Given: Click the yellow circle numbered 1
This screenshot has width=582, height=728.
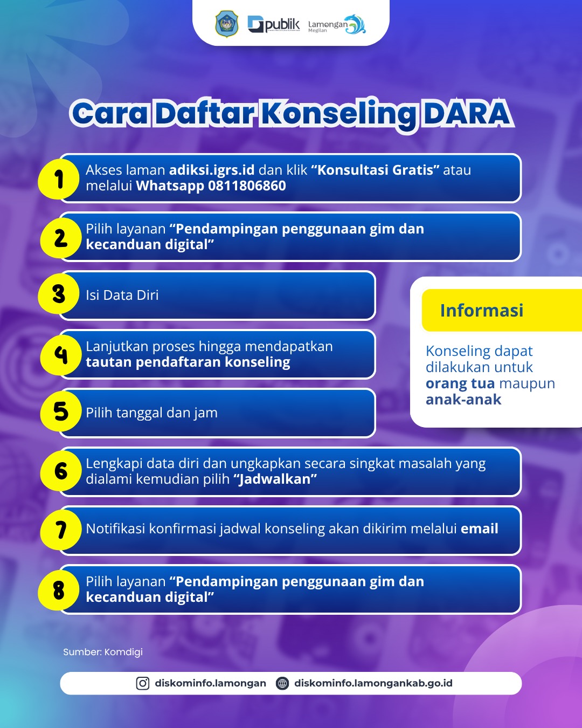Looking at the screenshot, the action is [x=59, y=178].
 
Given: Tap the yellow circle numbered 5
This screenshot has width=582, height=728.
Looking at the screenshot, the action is [x=61, y=411].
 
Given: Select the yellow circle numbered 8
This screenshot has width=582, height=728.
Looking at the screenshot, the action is [x=59, y=590].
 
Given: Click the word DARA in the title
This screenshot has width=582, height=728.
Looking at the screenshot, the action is [x=467, y=113].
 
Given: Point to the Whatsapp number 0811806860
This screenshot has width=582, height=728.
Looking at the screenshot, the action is [x=247, y=186].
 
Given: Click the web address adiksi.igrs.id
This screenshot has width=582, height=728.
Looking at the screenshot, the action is [x=212, y=170].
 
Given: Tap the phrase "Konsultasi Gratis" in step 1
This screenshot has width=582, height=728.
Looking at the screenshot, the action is [x=375, y=170].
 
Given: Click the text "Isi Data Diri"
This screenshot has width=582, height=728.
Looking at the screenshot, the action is [x=122, y=295].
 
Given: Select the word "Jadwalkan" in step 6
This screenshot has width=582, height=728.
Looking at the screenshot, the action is [x=275, y=479].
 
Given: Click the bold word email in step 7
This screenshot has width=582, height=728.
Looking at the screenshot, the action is [x=480, y=528].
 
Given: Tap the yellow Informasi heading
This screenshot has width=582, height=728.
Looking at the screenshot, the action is [x=482, y=310].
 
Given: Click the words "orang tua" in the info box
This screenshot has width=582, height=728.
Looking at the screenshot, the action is [x=460, y=383].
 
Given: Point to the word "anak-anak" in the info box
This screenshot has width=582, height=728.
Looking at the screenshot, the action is [x=463, y=400].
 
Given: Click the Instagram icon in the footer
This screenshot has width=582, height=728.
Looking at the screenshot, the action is [x=143, y=683].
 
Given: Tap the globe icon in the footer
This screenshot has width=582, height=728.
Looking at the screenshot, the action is [x=282, y=683].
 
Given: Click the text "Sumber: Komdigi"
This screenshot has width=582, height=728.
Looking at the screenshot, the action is [x=103, y=652].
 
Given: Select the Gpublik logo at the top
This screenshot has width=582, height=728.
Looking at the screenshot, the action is [x=274, y=25].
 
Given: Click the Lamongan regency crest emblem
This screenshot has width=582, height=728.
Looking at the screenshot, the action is [x=226, y=24].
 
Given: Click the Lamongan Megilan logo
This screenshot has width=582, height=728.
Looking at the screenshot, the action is [x=337, y=25].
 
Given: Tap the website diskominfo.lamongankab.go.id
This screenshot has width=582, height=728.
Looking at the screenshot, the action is [x=373, y=683].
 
